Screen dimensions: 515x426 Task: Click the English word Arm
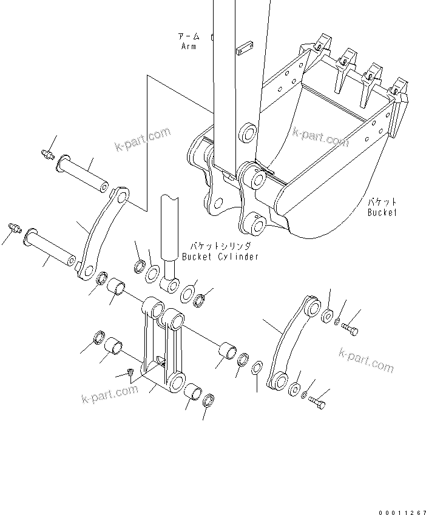coord(188,47)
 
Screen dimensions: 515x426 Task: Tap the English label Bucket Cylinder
coord(220,257)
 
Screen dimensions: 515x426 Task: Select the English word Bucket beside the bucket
coord(382,212)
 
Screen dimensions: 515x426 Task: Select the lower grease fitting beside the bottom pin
coord(16,229)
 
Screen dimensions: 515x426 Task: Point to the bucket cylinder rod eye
coord(169,283)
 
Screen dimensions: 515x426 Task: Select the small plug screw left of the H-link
coord(130,371)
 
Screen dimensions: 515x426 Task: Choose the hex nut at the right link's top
coord(326,316)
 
